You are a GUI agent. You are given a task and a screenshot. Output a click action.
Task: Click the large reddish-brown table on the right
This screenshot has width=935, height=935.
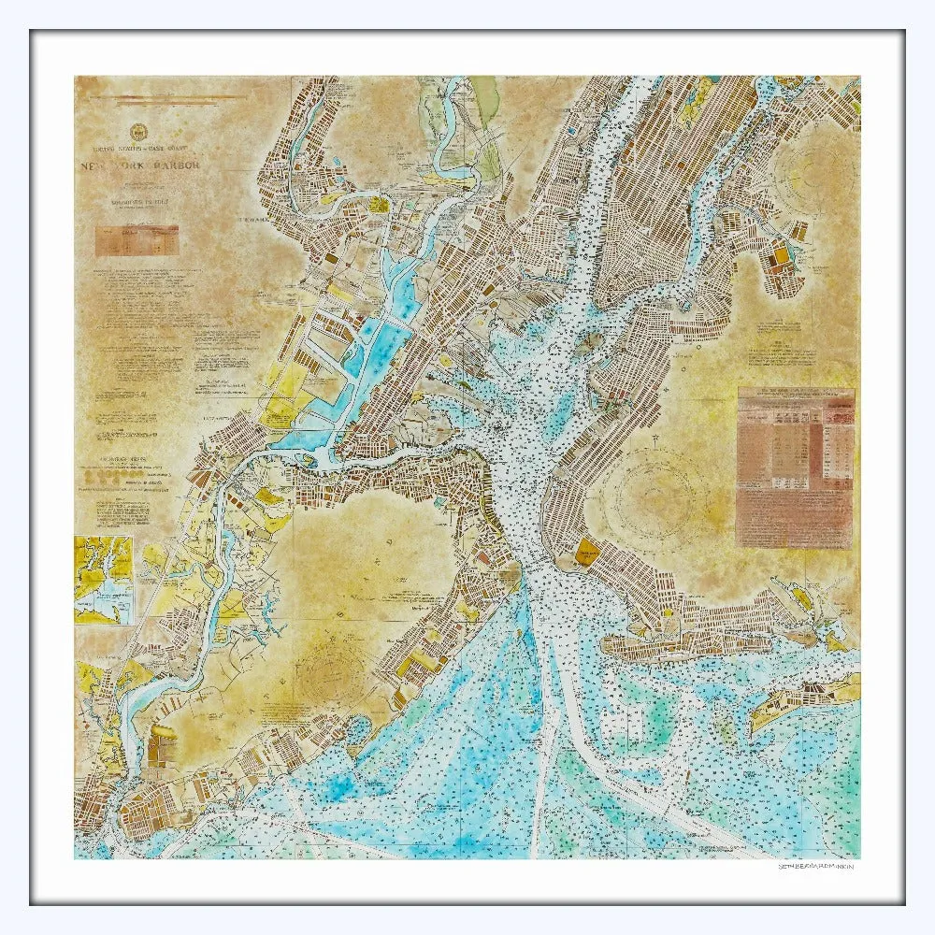click(x=795, y=467)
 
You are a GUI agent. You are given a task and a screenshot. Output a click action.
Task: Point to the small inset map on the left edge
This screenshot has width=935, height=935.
click(x=104, y=580)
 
